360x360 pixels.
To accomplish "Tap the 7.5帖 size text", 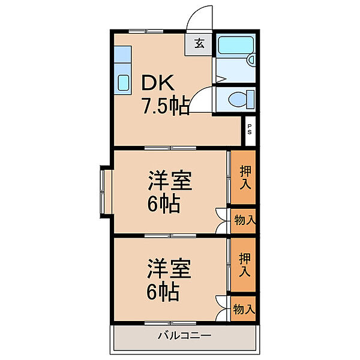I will click(166, 106).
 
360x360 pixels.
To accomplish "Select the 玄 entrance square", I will click(200, 43).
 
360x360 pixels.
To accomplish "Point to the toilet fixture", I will click(240, 98).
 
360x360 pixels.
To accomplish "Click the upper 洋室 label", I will click(170, 182).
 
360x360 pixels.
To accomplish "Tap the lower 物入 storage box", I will click(244, 310).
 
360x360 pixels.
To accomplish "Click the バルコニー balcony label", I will click(185, 335).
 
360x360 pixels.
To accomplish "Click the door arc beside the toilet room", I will click(204, 98).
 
